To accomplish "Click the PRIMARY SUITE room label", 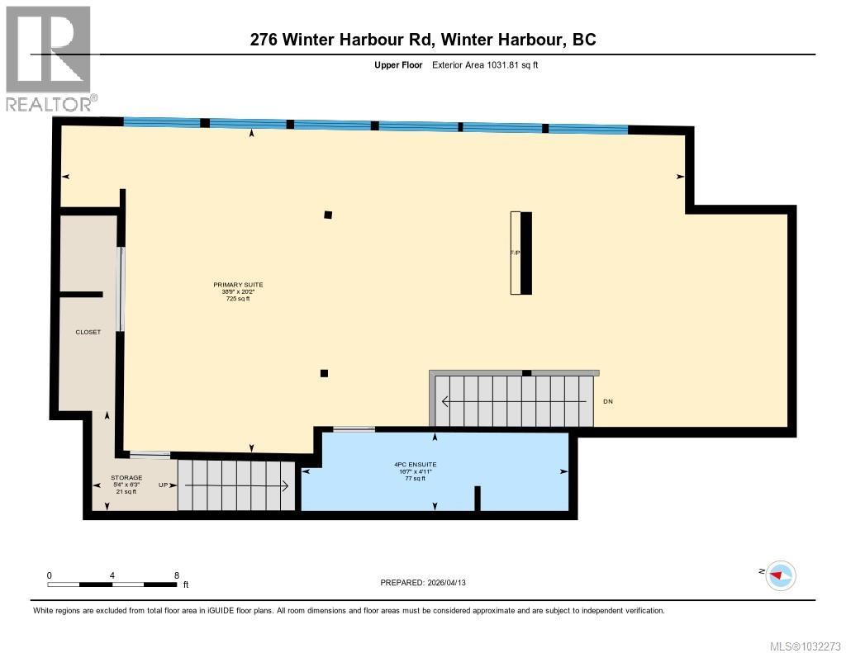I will pyautogui.click(x=238, y=285).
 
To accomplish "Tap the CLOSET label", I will pyautogui.click(x=88, y=332).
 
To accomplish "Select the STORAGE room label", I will pyautogui.click(x=126, y=477).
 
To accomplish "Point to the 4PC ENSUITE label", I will pyautogui.click(x=415, y=464).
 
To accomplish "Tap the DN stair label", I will pyautogui.click(x=608, y=401).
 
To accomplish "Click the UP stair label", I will pyautogui.click(x=164, y=485).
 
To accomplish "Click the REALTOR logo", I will pyautogui.click(x=49, y=58).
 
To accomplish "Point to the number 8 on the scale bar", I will pyautogui.click(x=176, y=575).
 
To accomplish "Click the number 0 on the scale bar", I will pyautogui.click(x=50, y=575).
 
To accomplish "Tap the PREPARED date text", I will pyautogui.click(x=428, y=583).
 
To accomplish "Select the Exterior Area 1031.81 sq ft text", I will pyautogui.click(x=485, y=64).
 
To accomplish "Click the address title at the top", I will pyautogui.click(x=422, y=39).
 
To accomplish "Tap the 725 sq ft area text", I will pyautogui.click(x=238, y=299).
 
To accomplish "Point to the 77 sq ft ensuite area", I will pyautogui.click(x=415, y=478).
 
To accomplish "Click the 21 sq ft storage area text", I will pyautogui.click(x=126, y=491).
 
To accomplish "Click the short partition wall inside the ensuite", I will pyautogui.click(x=478, y=499).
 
